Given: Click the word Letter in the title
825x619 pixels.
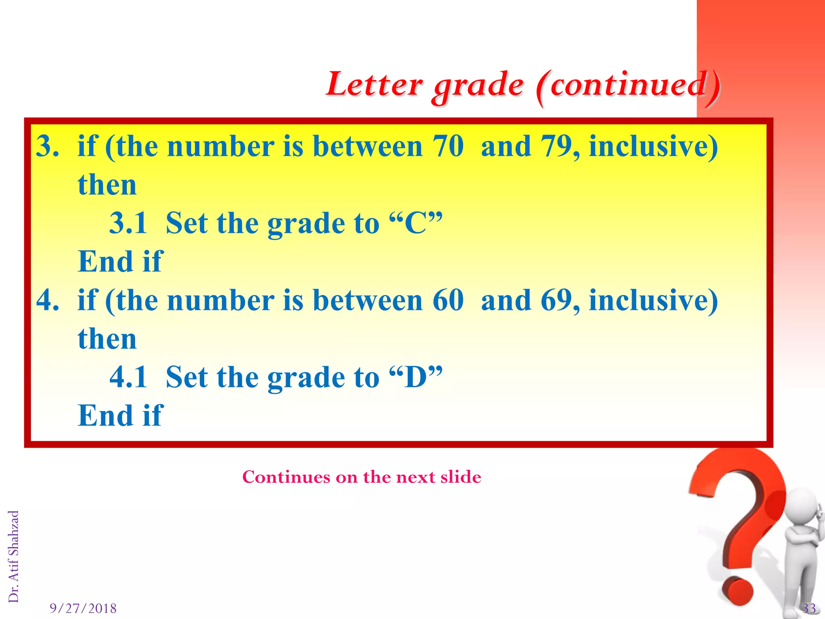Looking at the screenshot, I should coord(374,84).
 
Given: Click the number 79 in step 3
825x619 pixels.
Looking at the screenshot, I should coord(556,146).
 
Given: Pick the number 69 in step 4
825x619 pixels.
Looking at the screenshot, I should coord(556,300).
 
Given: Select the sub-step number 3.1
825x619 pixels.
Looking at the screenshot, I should coord(128,223).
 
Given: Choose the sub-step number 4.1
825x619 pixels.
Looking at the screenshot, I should coord(128,377).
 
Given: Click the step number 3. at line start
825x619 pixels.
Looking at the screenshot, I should coord(48,146).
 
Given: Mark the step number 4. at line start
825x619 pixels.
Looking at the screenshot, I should coord(48,300).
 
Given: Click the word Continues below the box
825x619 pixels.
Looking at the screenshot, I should coord(286,477).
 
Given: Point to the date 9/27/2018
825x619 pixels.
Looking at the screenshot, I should coord(83,608).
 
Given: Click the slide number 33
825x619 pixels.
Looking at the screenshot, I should coord(809,608).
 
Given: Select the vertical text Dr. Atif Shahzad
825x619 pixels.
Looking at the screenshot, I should coord(14,556).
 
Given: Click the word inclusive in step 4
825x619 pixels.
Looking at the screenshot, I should coord(653,300).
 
